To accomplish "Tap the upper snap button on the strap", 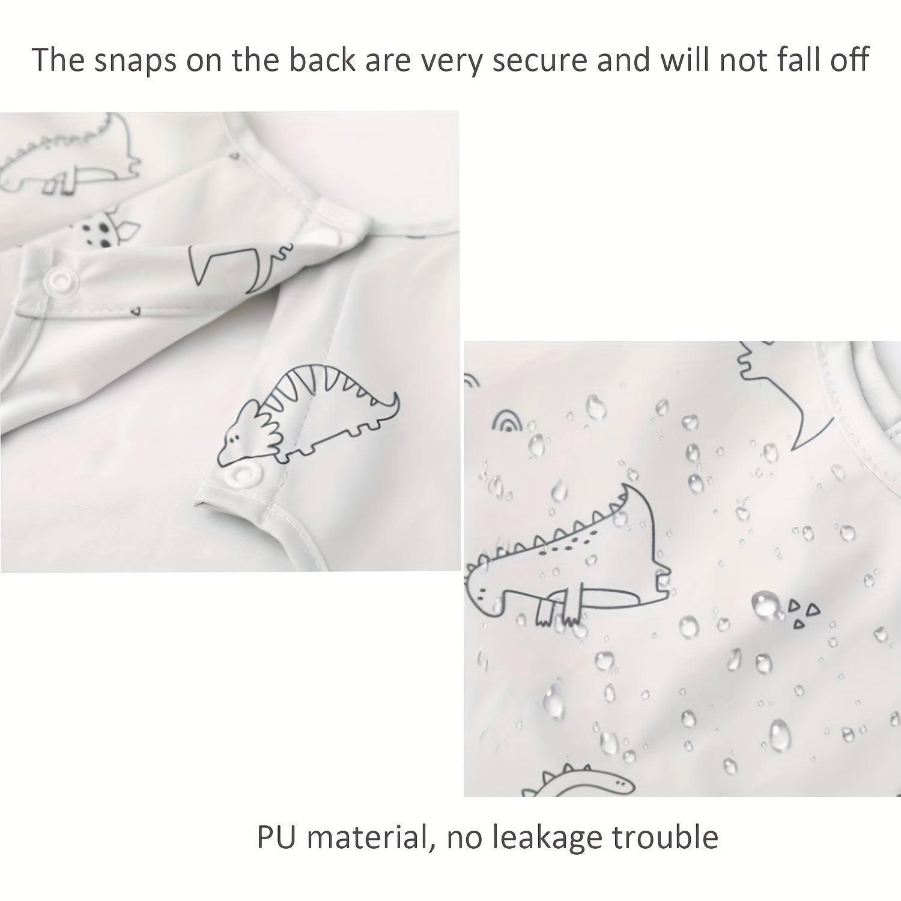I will click(x=59, y=279).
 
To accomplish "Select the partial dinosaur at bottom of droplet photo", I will click(x=580, y=781).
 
